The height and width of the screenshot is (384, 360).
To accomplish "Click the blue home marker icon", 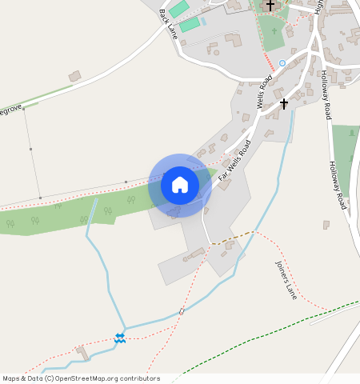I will tap(180, 186).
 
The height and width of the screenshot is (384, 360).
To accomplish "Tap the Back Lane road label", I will tap(169, 24).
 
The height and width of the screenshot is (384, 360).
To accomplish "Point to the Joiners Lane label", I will tap(286, 279).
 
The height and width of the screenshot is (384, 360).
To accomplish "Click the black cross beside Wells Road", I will tap(283, 104).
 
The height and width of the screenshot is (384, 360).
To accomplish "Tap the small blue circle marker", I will tap(282, 63).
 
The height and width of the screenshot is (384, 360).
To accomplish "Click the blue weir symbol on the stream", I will tap(120, 338).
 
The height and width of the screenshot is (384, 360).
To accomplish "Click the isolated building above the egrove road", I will tap(74, 76).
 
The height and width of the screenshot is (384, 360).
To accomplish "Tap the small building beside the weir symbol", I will tap(83, 352).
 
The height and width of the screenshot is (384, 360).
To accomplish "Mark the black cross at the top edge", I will tap(270, 6).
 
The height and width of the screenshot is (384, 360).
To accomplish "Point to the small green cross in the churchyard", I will tap(274, 32).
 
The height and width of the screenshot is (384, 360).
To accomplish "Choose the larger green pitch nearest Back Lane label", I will tap(190, 25).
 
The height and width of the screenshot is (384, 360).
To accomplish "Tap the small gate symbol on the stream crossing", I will tap(182, 311).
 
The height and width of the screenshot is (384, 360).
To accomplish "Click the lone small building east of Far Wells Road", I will tap(326, 225).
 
